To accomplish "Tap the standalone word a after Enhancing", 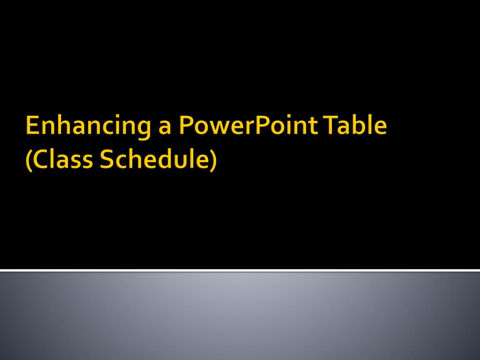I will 165,127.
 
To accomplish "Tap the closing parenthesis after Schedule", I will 214,161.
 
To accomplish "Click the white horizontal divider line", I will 240,270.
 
